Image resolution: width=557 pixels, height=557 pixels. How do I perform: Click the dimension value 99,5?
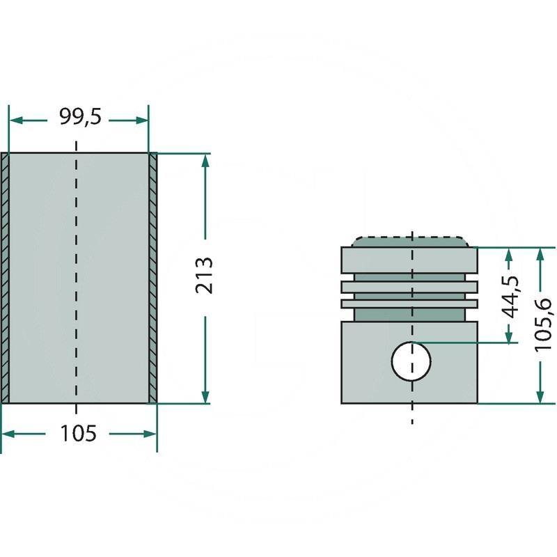click(x=79, y=117)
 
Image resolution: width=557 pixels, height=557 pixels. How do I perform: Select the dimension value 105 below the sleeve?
click(x=78, y=434)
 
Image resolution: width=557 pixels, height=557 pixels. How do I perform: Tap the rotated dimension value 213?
click(x=204, y=276)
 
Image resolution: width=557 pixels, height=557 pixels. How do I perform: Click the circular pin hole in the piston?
click(x=411, y=361)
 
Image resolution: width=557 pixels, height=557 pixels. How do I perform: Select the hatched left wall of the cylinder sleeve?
click(x=5, y=277)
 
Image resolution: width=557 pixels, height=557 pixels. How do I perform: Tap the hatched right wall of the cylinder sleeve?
click(x=152, y=277)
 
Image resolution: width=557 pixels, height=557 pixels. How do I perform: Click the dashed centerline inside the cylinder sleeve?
click(x=76, y=278)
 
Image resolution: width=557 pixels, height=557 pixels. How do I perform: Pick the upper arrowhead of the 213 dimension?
click(x=205, y=159)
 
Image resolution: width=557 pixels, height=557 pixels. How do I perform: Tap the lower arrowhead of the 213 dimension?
click(x=205, y=396)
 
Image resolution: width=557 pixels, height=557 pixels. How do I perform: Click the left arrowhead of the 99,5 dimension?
click(x=15, y=120)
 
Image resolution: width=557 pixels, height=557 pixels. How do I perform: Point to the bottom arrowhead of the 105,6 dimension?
click(x=540, y=397)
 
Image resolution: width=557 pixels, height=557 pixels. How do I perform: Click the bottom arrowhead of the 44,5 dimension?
click(x=511, y=337)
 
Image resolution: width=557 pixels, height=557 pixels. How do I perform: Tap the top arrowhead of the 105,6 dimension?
click(x=540, y=253)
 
